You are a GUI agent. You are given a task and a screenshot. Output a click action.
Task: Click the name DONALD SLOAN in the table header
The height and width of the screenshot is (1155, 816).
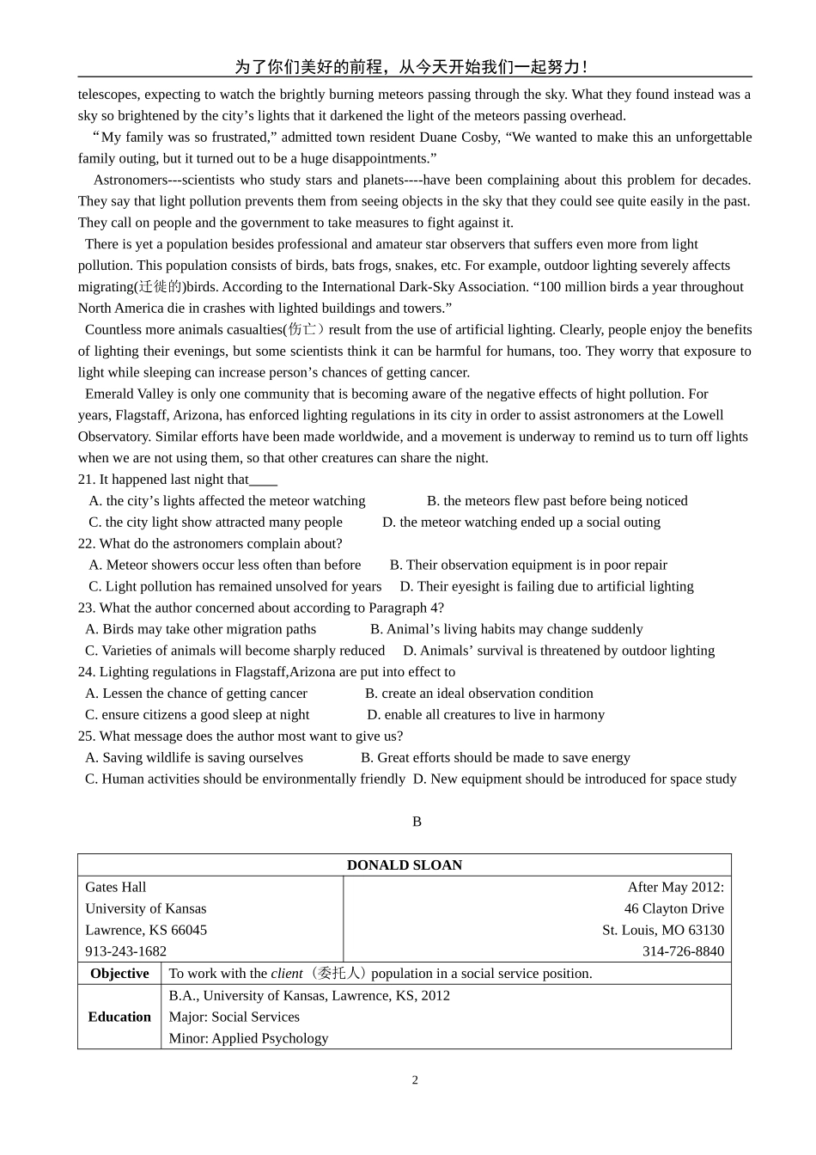tap(405, 865)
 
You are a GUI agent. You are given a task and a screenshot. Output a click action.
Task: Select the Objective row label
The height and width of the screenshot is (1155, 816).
tap(119, 974)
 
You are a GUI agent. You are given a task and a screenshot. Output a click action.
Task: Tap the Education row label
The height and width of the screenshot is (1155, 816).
tap(119, 1017)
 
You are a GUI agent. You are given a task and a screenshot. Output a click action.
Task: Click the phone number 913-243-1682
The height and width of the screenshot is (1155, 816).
tap(126, 951)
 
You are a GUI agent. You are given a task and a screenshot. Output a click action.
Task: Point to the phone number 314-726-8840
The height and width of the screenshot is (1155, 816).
tap(683, 951)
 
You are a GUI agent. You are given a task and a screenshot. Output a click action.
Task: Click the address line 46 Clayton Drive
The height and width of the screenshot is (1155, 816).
tap(673, 908)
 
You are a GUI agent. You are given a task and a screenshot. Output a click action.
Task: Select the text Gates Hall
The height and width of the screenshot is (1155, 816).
tap(116, 887)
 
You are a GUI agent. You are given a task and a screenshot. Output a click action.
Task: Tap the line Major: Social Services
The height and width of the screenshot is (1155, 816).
tap(234, 1017)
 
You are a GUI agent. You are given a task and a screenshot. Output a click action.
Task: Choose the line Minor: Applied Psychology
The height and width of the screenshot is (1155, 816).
tap(248, 1038)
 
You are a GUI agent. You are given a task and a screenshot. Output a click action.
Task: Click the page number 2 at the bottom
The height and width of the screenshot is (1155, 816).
tap(415, 1080)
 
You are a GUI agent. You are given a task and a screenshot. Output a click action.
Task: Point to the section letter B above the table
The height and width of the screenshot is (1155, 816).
tap(417, 822)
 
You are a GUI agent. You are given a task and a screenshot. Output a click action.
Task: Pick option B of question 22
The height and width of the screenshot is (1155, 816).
tap(528, 565)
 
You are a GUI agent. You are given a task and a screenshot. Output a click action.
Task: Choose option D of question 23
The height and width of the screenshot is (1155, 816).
tap(558, 651)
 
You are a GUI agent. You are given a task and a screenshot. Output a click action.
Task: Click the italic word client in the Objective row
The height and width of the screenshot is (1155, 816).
tap(287, 974)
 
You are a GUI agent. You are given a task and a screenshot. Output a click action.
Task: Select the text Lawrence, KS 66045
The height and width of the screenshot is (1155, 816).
tap(146, 930)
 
